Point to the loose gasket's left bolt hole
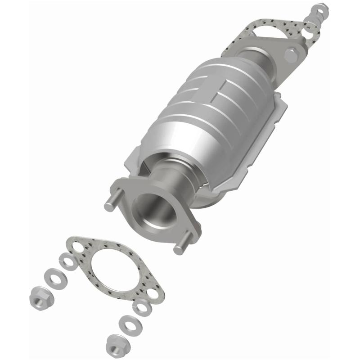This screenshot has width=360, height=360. tap(77, 247)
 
